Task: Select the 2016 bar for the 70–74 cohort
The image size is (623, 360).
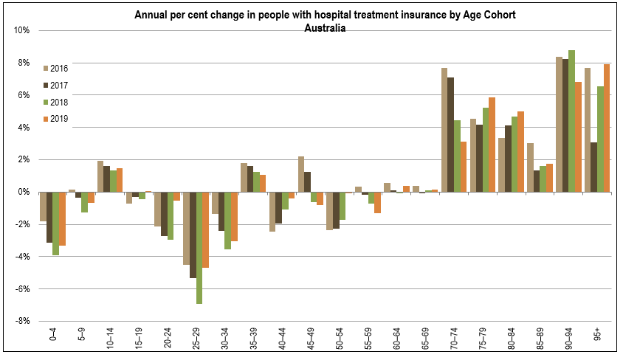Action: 444,130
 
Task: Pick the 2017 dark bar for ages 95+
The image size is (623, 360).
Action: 593,167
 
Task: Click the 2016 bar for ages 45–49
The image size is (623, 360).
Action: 301,174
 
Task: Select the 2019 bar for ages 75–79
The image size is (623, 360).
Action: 492,145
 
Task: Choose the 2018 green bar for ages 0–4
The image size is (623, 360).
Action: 55,224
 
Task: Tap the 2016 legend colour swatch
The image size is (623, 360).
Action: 45,69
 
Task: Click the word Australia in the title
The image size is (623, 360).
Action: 325,28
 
